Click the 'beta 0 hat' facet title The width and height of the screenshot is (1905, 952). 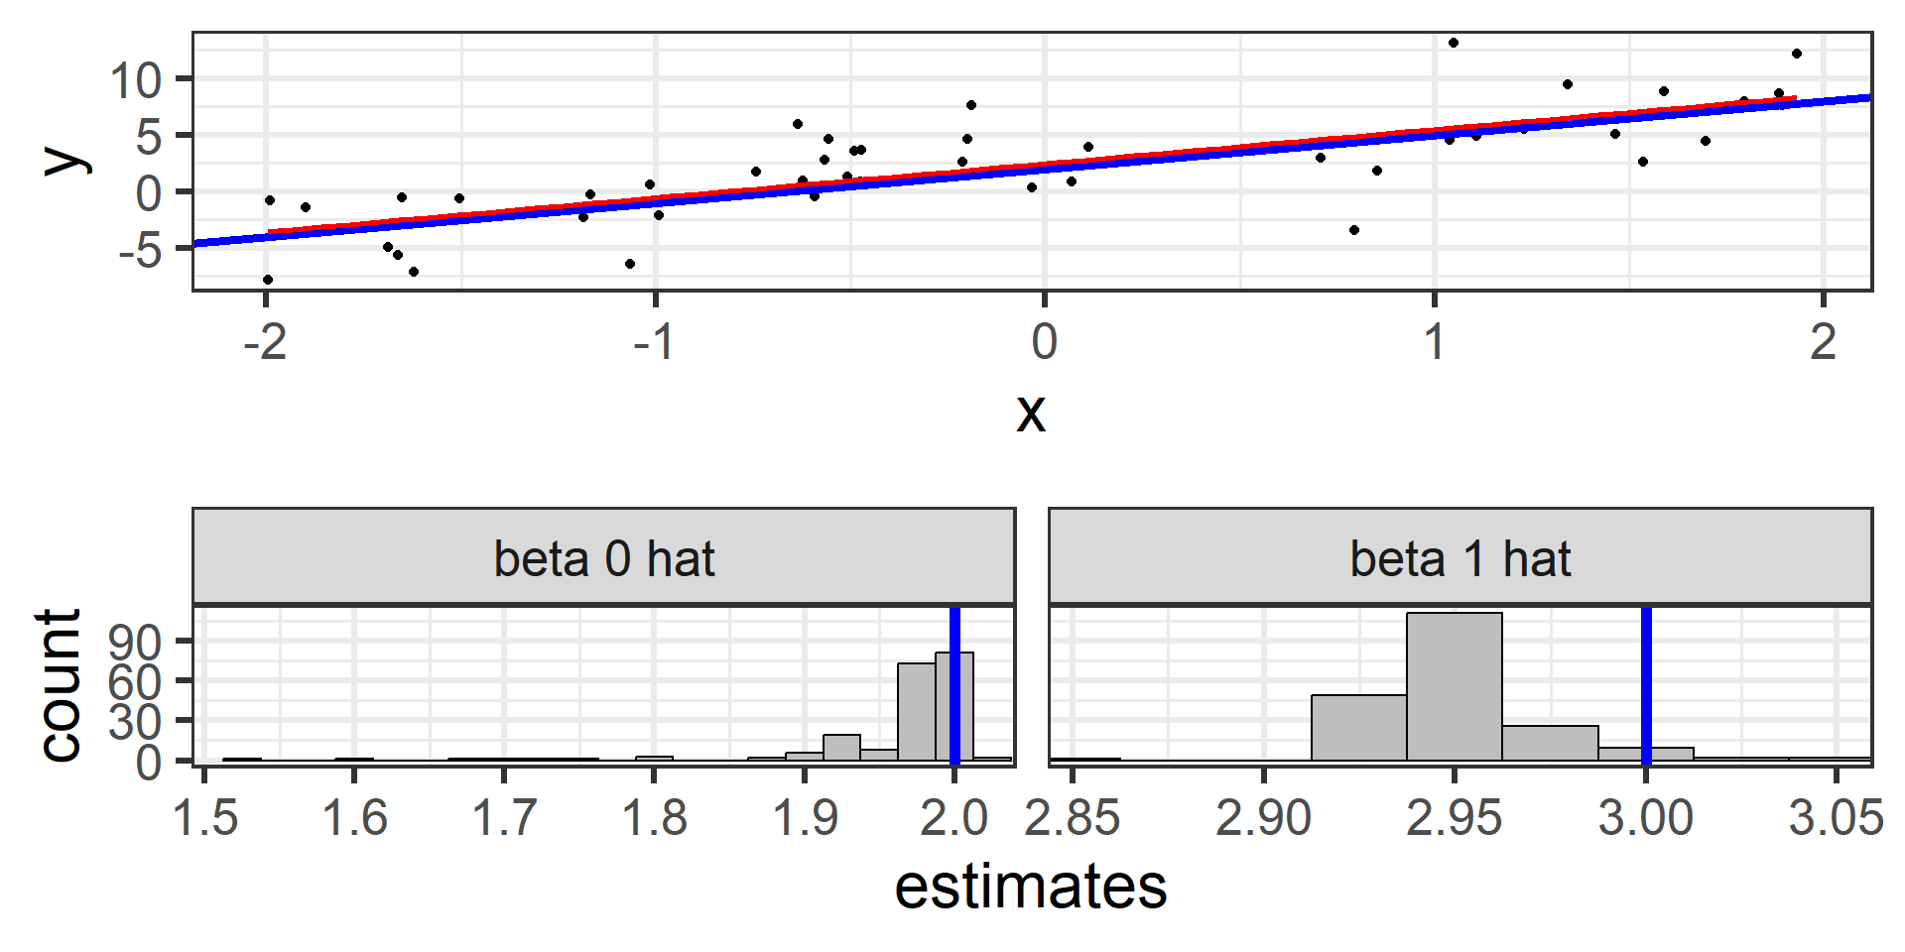click(604, 559)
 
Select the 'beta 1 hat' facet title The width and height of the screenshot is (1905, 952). click(1460, 559)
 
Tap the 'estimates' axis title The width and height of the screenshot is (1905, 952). click(1030, 887)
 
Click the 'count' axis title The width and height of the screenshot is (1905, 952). click(60, 684)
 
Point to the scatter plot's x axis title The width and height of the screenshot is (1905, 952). click(1031, 412)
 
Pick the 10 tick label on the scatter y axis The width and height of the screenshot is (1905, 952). click(135, 80)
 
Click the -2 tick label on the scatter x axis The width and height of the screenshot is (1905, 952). click(265, 343)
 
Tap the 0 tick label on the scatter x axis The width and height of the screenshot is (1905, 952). click(1044, 343)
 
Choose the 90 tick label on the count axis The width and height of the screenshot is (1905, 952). click(135, 643)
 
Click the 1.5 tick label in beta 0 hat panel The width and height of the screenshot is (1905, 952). click(205, 819)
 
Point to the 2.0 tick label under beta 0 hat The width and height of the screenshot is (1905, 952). click(953, 819)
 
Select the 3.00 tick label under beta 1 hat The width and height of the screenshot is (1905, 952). click(1645, 819)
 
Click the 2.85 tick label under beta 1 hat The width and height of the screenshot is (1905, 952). click(1073, 819)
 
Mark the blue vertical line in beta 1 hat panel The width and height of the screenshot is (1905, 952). click(1646, 684)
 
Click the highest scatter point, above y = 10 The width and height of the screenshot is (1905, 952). click(1454, 43)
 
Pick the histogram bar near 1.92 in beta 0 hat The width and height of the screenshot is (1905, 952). click(841, 748)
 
